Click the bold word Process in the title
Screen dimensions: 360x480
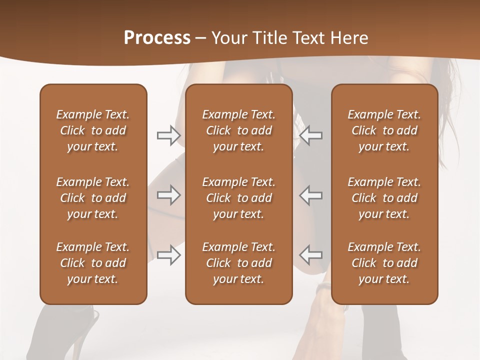[157, 38]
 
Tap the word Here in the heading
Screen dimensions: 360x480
[350, 38]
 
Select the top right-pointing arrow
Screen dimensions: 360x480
[169, 135]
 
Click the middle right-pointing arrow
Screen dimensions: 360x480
[169, 195]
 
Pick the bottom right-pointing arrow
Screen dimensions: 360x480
[169, 255]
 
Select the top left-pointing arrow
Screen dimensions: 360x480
[311, 135]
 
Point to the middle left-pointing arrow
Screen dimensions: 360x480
[311, 195]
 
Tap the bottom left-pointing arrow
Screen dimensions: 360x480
[311, 255]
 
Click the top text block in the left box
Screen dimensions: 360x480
[93, 130]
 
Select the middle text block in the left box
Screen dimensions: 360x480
[93, 198]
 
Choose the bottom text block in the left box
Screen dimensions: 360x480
[93, 263]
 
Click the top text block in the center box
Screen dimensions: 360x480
[238, 130]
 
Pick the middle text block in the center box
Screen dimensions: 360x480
[238, 198]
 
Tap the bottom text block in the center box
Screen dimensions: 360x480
[238, 263]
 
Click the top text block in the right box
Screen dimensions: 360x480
[384, 130]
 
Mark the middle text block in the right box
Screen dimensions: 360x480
[384, 198]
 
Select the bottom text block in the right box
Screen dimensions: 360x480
[384, 263]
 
